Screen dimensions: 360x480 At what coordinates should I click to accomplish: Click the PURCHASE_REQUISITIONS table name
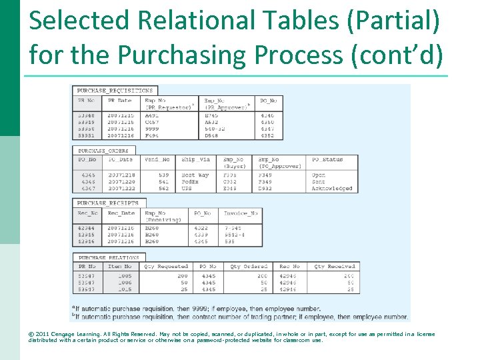[115, 91]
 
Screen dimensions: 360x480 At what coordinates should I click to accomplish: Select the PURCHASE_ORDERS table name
[104, 151]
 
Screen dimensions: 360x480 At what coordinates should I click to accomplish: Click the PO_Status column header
[327, 160]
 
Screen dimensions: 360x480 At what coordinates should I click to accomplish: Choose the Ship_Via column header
[196, 160]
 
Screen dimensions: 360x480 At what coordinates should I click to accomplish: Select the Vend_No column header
[157, 160]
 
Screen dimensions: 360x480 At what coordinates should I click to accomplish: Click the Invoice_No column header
[241, 213]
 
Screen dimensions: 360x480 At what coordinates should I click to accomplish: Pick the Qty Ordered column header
[249, 267]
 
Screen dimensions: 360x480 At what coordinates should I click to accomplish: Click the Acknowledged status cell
[332, 189]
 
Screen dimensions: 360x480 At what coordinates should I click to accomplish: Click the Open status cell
[319, 175]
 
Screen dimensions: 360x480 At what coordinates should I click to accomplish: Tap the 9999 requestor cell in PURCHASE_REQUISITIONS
[153, 129]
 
